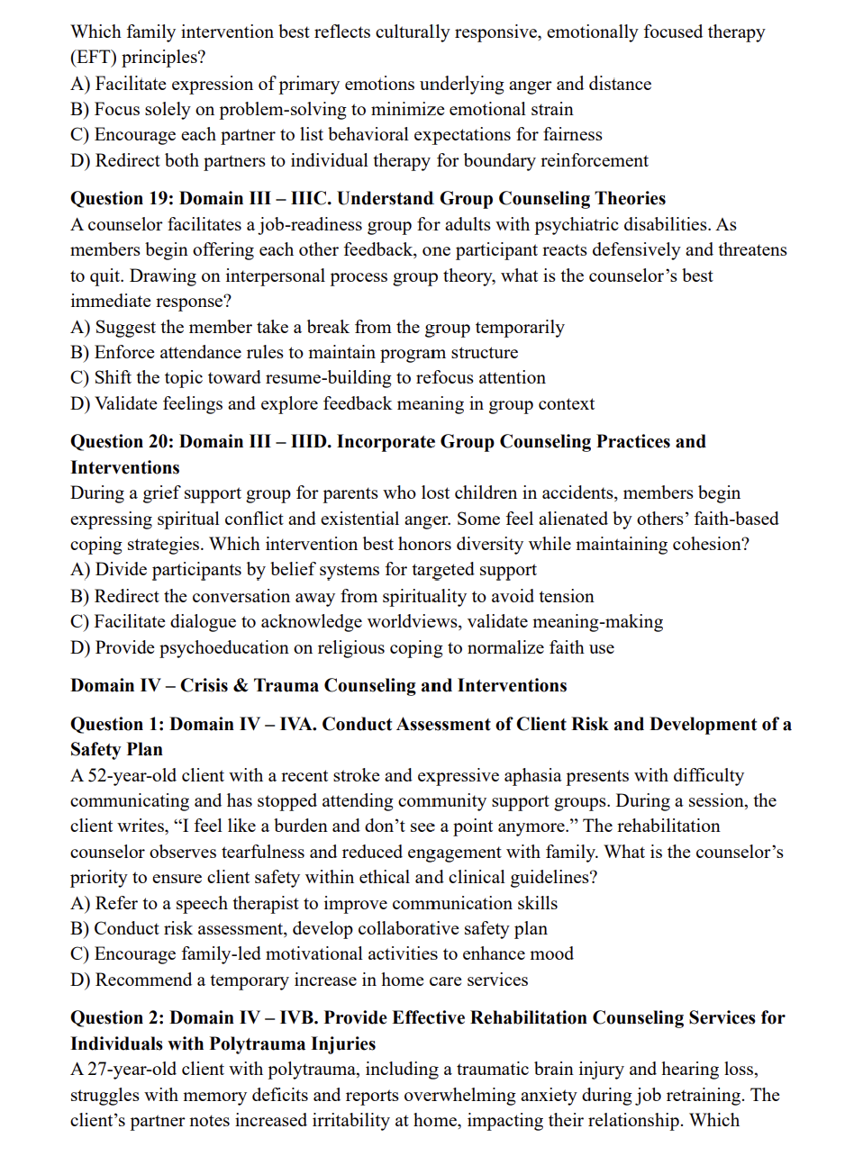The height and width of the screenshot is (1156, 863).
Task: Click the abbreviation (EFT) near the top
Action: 94,58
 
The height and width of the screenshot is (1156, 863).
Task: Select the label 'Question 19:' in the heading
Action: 121,199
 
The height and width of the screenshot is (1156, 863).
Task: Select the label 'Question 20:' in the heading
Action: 122,442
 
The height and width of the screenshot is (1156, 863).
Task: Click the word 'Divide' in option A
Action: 123,570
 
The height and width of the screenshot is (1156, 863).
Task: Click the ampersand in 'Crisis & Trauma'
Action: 240,686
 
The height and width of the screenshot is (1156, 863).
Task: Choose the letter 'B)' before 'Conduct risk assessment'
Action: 80,929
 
